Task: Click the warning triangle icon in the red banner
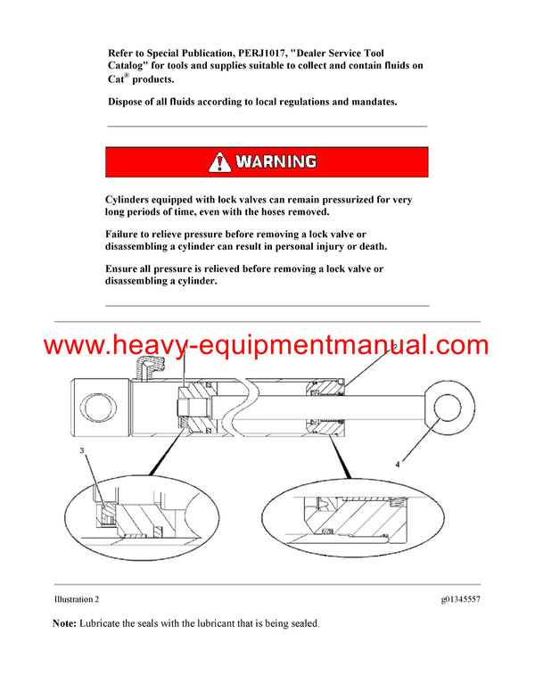(x=219, y=161)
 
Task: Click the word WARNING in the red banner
(x=276, y=161)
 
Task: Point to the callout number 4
(x=398, y=465)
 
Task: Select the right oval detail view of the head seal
(x=361, y=522)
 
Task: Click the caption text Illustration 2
(x=77, y=599)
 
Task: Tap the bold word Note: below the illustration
(x=64, y=624)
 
